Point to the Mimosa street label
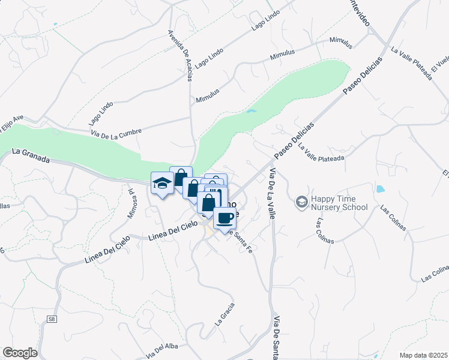pyautogui.click(x=131, y=204)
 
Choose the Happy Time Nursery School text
pyautogui.click(x=339, y=203)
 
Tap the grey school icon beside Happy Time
pyautogui.click(x=301, y=200)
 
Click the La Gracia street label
pyautogui.click(x=225, y=313)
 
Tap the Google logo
pyautogui.click(x=20, y=353)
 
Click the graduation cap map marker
pyautogui.click(x=161, y=182)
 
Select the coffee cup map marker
pyautogui.click(x=225, y=217)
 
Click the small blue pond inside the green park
pyautogui.click(x=252, y=111)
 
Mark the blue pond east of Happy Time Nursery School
pyautogui.click(x=379, y=189)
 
